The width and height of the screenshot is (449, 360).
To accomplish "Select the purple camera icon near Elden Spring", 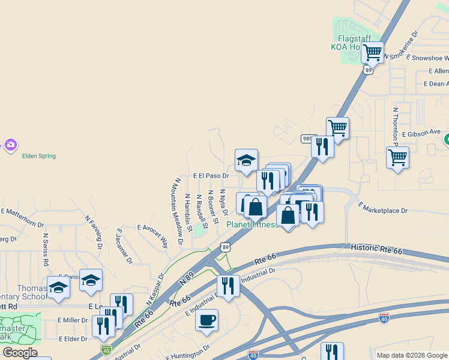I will click(x=10, y=144).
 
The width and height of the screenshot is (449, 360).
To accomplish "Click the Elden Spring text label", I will click(x=39, y=156).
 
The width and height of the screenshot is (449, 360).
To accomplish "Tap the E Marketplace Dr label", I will click(x=383, y=208).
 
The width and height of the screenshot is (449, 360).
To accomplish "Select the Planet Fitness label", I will click(x=252, y=224).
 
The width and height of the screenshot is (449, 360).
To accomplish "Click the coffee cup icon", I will click(x=207, y=320).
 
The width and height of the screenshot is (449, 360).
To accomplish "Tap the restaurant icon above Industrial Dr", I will click(x=228, y=286).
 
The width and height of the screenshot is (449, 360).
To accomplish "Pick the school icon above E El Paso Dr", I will click(x=246, y=160).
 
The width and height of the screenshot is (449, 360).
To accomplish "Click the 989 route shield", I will click(x=307, y=139).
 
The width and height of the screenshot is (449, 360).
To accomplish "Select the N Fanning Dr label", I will click(x=94, y=232).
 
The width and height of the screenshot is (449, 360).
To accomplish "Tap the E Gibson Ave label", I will click(x=421, y=132).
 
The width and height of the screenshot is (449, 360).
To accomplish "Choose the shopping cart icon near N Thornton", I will click(x=397, y=158).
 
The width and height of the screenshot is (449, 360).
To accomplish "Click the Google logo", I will click(x=20, y=353).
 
